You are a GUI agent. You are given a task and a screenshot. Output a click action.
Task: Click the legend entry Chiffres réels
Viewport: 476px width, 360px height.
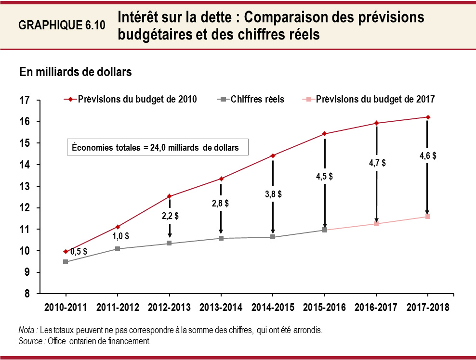(257, 99)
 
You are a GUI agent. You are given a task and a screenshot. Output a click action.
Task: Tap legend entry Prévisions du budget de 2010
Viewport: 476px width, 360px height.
(137, 99)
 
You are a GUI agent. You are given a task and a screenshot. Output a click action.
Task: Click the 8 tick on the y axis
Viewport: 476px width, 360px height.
(27, 294)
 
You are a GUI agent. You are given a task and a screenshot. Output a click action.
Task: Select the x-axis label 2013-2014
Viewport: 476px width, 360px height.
(221, 308)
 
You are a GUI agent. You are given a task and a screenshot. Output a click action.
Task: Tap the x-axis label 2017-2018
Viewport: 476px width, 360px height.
(427, 308)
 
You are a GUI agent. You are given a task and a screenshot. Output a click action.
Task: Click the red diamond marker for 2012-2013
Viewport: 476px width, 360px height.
(170, 196)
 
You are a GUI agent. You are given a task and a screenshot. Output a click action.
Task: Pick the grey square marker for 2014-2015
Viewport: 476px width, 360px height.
(273, 237)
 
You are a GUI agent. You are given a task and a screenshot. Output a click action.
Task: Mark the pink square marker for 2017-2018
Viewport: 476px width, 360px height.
(427, 217)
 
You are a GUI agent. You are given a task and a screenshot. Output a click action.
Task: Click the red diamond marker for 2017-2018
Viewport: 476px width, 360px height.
(427, 117)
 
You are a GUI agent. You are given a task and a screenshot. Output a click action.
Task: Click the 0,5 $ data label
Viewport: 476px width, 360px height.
(79, 251)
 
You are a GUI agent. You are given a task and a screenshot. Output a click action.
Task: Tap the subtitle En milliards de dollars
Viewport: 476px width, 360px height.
(76, 73)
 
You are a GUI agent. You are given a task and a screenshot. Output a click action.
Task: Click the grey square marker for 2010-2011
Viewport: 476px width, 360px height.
(66, 262)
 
